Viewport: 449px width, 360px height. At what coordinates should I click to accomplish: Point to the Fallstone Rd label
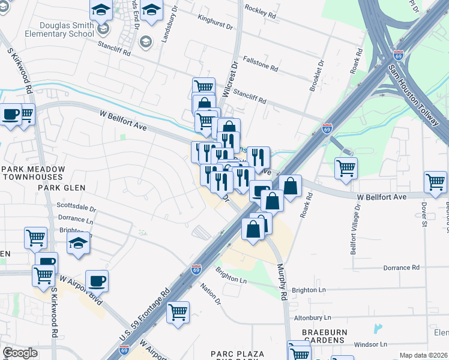260,64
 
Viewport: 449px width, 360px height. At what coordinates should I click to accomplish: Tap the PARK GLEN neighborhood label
62,188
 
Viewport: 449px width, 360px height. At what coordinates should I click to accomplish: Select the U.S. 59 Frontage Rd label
145,316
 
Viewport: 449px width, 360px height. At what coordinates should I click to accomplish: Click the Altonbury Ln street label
312,317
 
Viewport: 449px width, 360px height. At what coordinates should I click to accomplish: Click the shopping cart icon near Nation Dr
178,311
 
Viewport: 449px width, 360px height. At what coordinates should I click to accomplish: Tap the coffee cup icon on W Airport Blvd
97,280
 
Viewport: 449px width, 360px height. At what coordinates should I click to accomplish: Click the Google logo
20,353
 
